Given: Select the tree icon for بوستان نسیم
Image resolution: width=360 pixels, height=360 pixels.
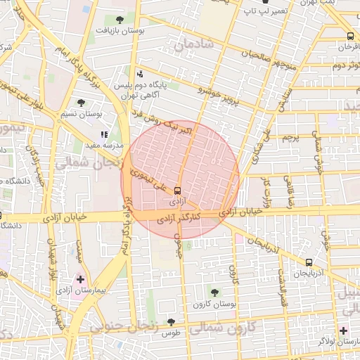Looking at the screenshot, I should (81, 103).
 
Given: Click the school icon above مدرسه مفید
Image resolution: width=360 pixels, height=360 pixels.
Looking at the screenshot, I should (104, 134).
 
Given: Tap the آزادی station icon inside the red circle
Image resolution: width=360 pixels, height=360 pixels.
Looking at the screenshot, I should (176, 190).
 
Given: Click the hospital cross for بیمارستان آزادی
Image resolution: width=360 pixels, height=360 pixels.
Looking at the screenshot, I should (80, 279).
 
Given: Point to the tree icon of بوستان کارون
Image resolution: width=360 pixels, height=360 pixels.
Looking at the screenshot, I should (214, 292).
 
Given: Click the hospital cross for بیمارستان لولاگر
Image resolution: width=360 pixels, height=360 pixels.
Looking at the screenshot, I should (342, 330).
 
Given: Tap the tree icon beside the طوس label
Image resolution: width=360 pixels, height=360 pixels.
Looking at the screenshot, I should (171, 321).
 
